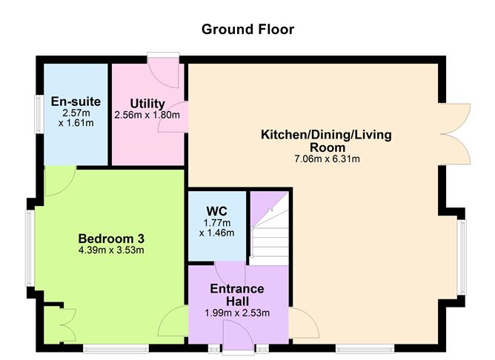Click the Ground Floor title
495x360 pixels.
[x=247, y=30]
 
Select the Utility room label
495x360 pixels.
[x=147, y=103]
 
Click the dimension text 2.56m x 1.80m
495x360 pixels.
[x=147, y=115]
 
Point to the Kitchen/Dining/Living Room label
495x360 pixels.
[x=326, y=141]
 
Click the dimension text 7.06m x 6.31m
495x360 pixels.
[x=326, y=159]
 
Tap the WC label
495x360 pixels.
[x=216, y=210]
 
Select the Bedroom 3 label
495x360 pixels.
[x=111, y=239]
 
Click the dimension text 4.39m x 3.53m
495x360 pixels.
[x=111, y=250]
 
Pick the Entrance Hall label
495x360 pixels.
[x=236, y=294]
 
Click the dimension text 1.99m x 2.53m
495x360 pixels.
[x=236, y=313]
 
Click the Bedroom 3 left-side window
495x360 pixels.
[x=27, y=248]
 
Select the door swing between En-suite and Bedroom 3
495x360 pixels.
[x=58, y=181]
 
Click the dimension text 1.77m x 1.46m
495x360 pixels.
[x=216, y=227]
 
